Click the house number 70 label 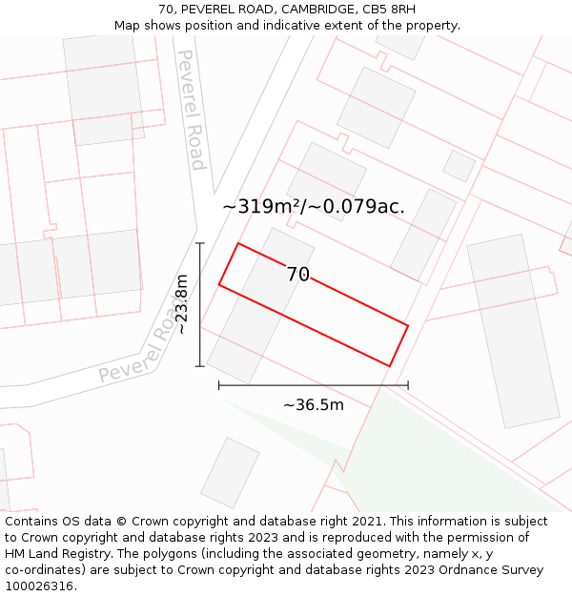click(x=298, y=275)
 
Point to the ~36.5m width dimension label click(x=313, y=405)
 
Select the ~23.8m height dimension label click(x=181, y=304)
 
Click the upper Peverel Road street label click(x=192, y=110)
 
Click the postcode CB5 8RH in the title click(x=388, y=10)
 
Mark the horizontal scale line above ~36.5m click(x=314, y=385)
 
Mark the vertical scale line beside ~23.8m click(x=200, y=304)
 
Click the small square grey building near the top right click(x=460, y=166)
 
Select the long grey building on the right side click(x=512, y=330)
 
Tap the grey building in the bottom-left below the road click(x=230, y=472)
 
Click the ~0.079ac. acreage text click(x=364, y=206)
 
